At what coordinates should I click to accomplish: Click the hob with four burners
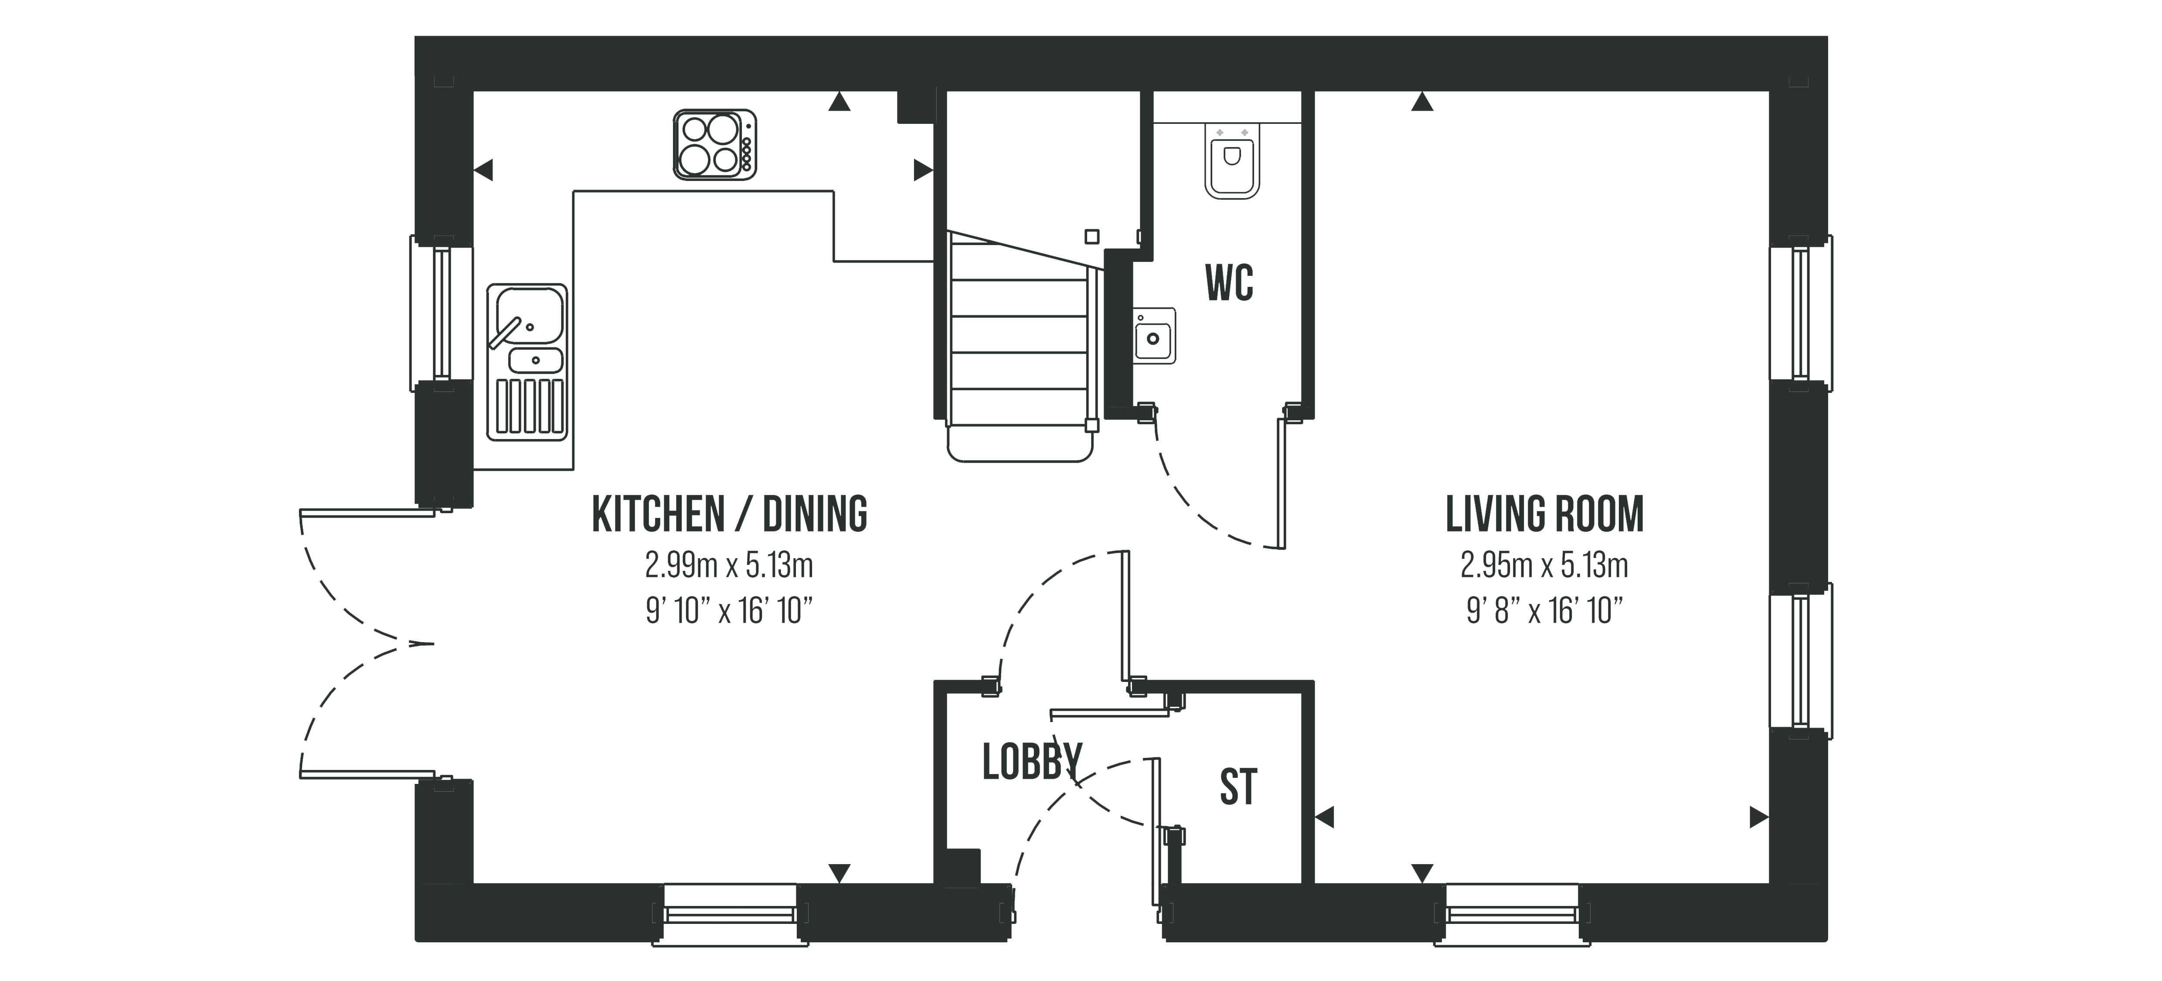[714, 144]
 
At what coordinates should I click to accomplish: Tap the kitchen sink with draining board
[527, 362]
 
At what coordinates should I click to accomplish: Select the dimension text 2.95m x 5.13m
[1544, 565]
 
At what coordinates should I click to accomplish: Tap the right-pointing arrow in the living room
[1759, 817]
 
